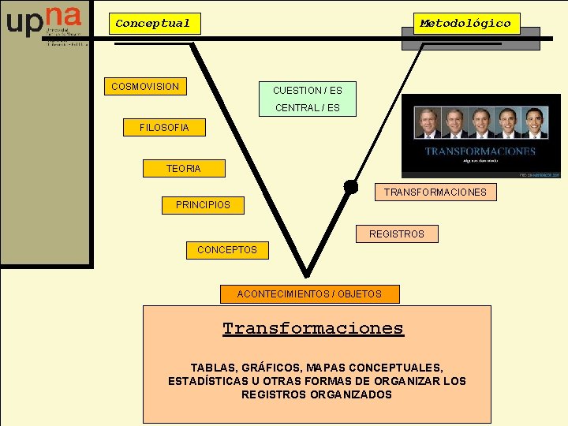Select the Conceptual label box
coord(153,24)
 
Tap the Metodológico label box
coord(465,24)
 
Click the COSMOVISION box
coord(145,86)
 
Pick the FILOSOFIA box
coord(164,127)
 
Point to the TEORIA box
coord(183,168)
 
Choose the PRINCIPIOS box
coord(203,204)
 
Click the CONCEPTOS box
coord(227,249)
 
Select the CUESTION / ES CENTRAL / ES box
coord(308,99)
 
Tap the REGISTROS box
coord(396,234)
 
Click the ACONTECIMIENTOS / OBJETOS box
coord(309,293)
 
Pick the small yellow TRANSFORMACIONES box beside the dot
coord(435,192)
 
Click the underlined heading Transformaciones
coord(312,328)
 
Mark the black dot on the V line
coord(350,187)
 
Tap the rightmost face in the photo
coord(536,123)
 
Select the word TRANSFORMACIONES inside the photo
coord(480,151)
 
